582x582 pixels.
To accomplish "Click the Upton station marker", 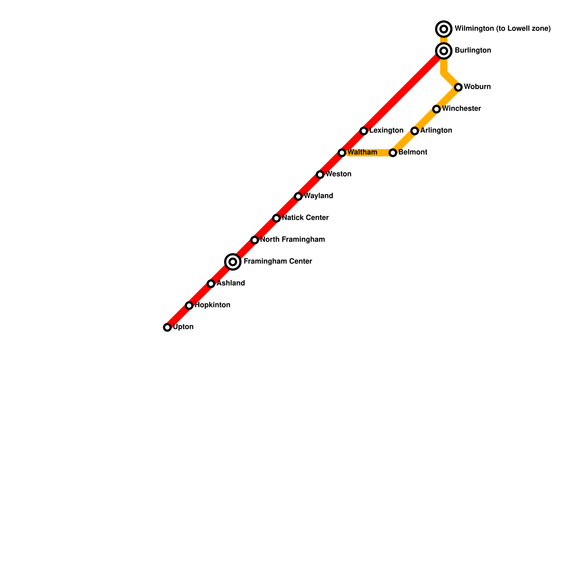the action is tap(167, 327).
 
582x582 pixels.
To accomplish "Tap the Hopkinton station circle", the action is tap(189, 306).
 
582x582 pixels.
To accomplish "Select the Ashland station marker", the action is tap(211, 284).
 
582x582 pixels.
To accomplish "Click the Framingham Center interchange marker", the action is tap(233, 262).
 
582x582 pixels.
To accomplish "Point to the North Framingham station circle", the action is tap(255, 240).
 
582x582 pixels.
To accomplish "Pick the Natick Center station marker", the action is tap(276, 218).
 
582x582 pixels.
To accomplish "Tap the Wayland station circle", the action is tap(298, 196).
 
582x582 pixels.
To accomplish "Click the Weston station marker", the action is tap(320, 175).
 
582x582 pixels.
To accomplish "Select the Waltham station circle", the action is tap(342, 153).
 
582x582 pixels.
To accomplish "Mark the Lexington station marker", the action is tap(364, 131).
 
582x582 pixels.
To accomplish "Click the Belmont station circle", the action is tap(393, 153).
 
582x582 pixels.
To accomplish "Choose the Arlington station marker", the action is tap(415, 131).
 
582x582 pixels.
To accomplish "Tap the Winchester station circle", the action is tap(436, 109).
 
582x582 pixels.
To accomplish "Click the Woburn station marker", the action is tap(458, 87).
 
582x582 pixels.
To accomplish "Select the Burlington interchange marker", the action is tap(444, 51).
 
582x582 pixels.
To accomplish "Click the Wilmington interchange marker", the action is tap(444, 29).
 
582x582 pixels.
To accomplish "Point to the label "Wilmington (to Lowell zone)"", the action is tap(503, 29).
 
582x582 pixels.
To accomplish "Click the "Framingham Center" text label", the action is tap(278, 262).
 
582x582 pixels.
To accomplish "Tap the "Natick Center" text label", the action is tap(305, 218).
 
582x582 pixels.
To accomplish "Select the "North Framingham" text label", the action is tap(292, 240).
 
